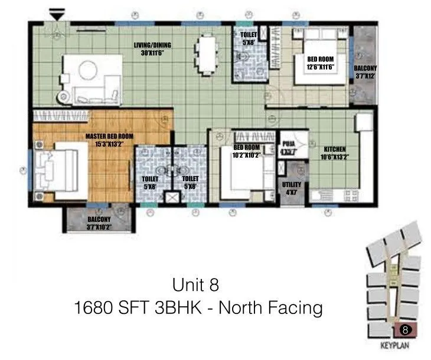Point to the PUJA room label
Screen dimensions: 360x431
288,147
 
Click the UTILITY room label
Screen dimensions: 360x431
289,189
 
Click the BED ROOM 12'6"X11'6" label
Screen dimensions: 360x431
321,63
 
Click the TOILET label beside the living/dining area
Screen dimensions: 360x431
248,38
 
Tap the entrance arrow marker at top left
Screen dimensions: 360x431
56,13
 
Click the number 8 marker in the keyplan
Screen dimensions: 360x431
404,329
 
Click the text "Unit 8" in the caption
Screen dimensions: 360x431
195,285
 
